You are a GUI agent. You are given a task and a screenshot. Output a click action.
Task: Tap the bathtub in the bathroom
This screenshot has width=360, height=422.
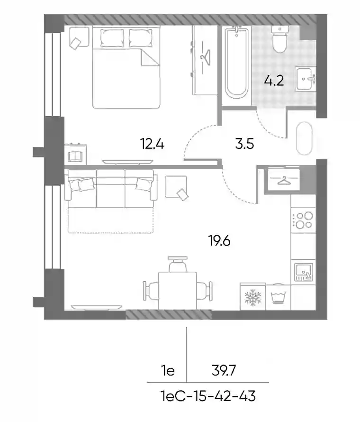pos(236,63)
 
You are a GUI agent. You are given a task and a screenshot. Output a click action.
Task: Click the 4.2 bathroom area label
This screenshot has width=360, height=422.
pos(274,81)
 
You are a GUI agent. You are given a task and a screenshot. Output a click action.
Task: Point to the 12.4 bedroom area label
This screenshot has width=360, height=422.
pos(152,144)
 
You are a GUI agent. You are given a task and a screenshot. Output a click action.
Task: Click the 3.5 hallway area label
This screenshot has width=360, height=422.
pos(244,144)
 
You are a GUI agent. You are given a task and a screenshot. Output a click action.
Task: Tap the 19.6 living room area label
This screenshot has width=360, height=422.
pos(219,240)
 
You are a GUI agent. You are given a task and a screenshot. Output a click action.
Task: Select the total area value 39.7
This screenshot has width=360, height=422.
pos(224,370)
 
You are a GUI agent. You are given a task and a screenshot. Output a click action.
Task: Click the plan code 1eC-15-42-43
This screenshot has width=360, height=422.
pos(208,396)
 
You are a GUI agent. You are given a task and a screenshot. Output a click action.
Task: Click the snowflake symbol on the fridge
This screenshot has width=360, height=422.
pos(253,298)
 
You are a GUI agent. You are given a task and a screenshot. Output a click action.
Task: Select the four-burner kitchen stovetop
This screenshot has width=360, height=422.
pos(303,220)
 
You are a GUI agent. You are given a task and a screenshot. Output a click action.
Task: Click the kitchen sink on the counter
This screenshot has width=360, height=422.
pos(304,272)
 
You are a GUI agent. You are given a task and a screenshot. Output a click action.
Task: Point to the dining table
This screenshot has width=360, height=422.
pos(178,291)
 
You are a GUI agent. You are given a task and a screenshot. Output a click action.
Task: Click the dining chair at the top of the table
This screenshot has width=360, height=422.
pos(178,264)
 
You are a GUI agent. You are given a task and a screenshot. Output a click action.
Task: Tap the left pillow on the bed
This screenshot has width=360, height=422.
pos(112,38)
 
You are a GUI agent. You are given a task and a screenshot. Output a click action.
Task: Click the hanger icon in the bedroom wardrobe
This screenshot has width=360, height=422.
pos(205,57)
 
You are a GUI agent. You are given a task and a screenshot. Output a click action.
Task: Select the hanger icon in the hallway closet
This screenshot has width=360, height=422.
pos(284,181)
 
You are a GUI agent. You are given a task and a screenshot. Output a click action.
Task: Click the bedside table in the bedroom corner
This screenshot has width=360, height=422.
pos(79,37)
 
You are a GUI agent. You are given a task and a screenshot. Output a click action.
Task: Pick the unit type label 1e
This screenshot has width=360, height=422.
pos(168,371)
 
